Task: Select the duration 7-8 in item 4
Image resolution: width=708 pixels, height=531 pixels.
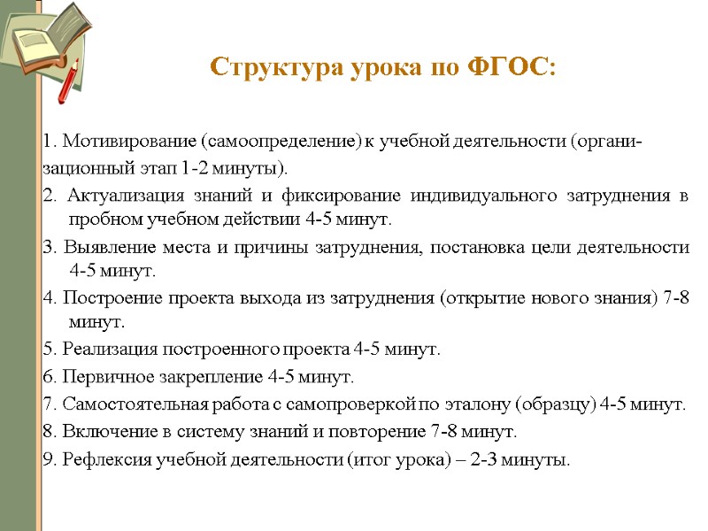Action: coord(677,298)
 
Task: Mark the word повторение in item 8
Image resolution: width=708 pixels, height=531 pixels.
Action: coord(374,433)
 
